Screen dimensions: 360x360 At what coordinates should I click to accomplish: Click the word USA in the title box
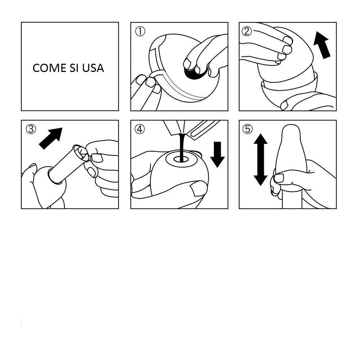(x=93, y=68)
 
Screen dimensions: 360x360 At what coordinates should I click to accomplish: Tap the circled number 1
(x=140, y=31)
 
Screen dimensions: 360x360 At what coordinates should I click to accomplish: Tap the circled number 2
(x=247, y=31)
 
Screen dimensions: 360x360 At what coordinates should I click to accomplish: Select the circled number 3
(x=31, y=129)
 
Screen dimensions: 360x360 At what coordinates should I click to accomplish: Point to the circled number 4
(x=140, y=129)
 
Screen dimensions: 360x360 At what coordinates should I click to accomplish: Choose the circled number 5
(x=248, y=129)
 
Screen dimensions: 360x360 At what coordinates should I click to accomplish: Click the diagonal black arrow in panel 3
(x=50, y=139)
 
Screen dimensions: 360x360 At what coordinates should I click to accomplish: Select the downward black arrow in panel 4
(x=217, y=154)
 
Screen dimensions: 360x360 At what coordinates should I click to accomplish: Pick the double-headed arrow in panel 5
(x=260, y=159)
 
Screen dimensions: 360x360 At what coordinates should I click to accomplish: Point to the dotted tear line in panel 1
(x=184, y=87)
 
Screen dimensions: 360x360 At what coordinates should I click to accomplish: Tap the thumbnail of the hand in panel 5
(x=279, y=178)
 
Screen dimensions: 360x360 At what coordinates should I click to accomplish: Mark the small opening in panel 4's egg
(x=181, y=159)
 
